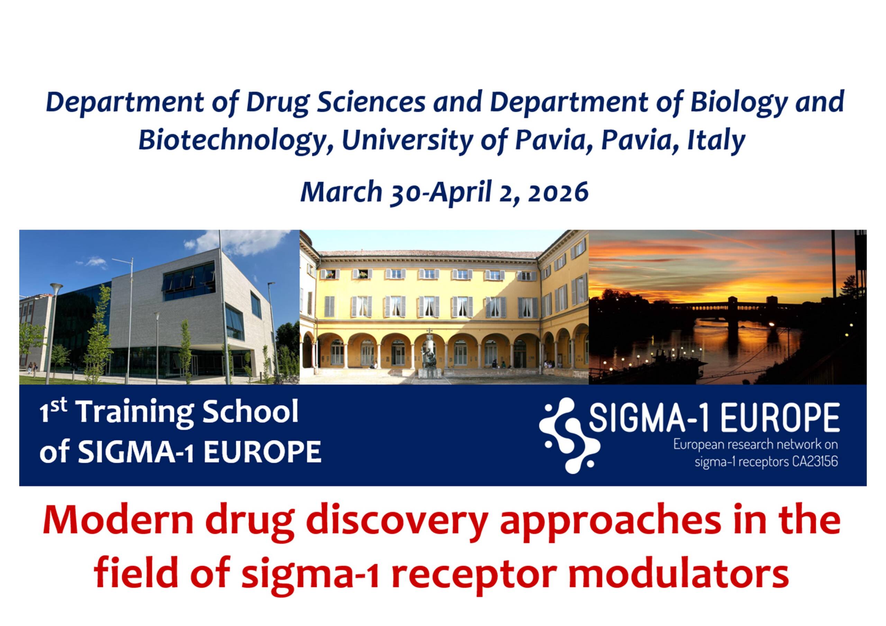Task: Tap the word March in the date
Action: click(x=341, y=192)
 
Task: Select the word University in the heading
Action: click(x=407, y=141)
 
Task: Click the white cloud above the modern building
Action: click(x=243, y=241)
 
